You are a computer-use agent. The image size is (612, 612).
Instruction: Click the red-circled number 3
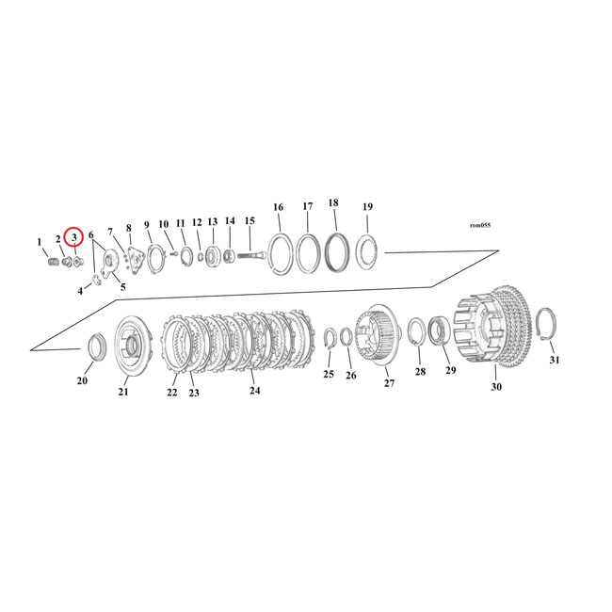[74, 237]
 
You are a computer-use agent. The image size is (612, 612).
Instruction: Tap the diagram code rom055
[479, 225]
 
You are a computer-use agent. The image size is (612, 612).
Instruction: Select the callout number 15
[250, 221]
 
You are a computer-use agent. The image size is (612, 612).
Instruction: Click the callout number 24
[254, 391]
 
